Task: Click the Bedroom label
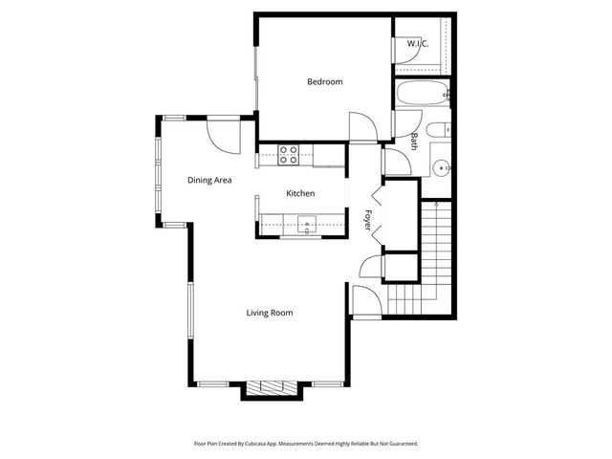point(324,82)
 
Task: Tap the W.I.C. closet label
point(417,44)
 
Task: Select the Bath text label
point(414,142)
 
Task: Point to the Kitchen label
point(300,194)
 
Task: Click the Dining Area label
point(210,179)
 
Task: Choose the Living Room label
point(269,313)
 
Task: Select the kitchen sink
point(307,226)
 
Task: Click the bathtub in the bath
point(421,94)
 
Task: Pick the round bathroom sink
point(441,168)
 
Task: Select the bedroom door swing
point(361,126)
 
